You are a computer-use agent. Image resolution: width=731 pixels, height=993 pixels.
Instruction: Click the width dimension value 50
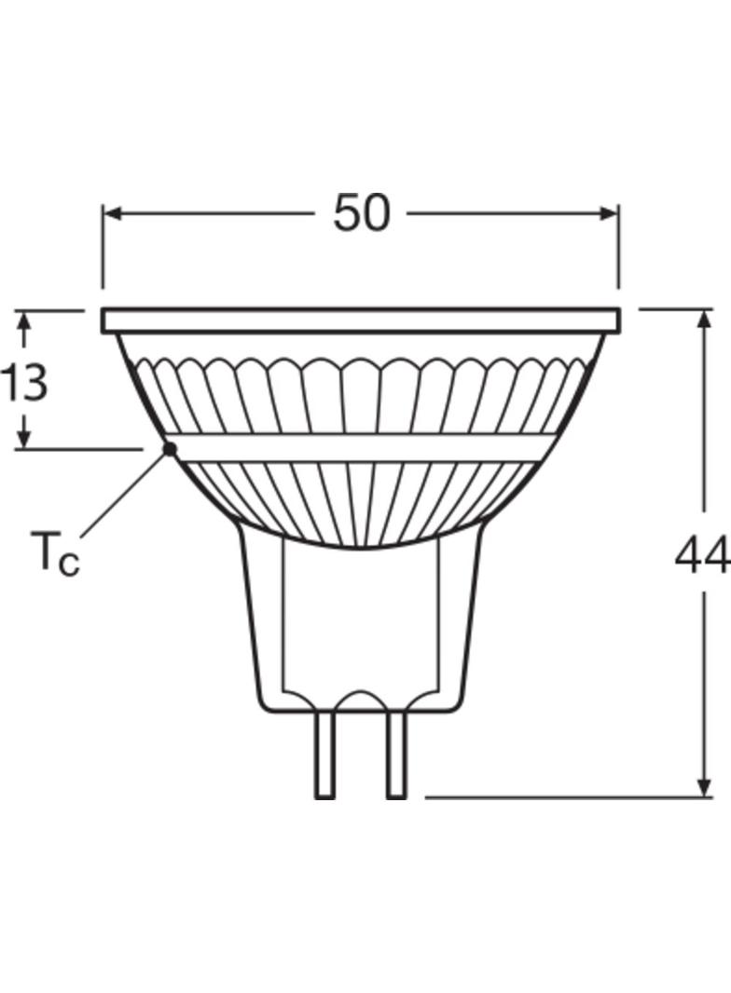361,213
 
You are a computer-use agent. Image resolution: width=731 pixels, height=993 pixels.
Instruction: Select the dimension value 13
23,383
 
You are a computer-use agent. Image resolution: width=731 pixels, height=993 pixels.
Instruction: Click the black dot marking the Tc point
170,449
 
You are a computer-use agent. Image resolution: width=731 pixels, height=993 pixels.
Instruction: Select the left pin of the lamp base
324,755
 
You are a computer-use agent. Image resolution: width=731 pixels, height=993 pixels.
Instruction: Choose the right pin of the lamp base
396,755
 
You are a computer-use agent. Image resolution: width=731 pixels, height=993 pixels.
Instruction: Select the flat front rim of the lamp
361,321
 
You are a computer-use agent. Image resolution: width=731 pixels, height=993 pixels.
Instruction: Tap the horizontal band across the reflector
361,447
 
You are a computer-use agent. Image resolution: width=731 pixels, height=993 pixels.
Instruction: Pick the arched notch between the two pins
361,701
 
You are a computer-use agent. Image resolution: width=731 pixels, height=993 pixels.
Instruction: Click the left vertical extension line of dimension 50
103,247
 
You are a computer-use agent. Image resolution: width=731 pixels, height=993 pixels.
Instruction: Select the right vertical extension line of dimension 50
619,247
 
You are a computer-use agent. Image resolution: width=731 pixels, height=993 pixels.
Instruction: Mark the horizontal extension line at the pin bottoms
559,797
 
